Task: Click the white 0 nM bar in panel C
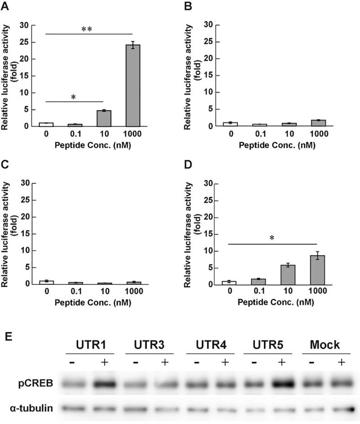[x=46, y=282]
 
